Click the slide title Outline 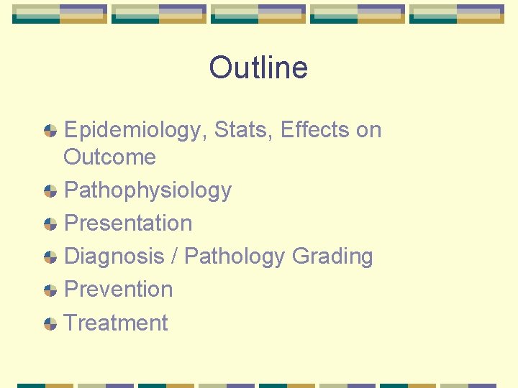258,68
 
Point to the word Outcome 109,157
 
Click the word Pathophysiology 147,190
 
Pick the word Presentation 128,223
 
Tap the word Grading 332,257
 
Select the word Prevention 119,290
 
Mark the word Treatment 116,323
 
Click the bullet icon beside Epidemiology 50,131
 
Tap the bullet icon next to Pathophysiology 50,191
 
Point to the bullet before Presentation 50,224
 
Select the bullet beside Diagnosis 50,257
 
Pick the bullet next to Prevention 50,290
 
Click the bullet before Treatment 50,323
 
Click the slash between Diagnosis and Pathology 178,257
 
